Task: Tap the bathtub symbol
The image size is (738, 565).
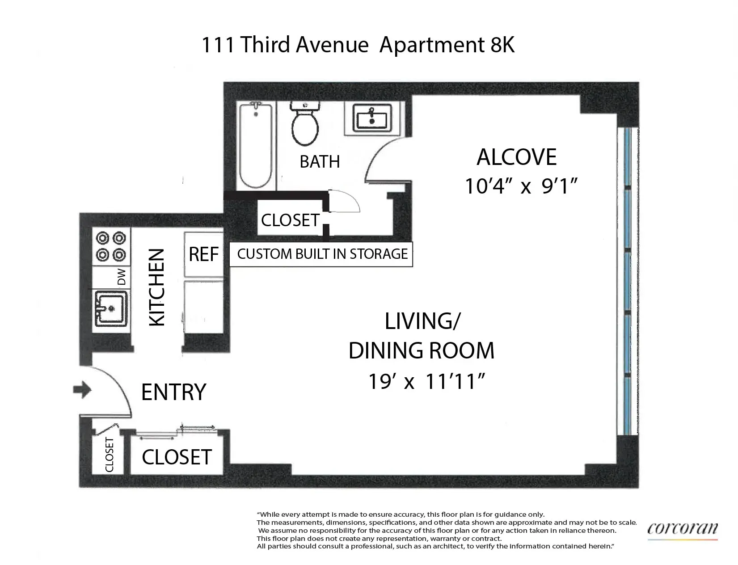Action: click(x=256, y=145)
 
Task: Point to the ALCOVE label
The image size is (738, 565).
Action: click(x=517, y=157)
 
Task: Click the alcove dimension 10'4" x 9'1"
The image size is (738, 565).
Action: click(x=519, y=186)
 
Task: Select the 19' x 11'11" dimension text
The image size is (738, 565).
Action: click(x=426, y=382)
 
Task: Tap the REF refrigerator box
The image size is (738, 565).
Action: click(x=203, y=254)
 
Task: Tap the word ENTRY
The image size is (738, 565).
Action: click(x=173, y=392)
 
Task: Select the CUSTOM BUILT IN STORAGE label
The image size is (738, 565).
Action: click(x=322, y=254)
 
